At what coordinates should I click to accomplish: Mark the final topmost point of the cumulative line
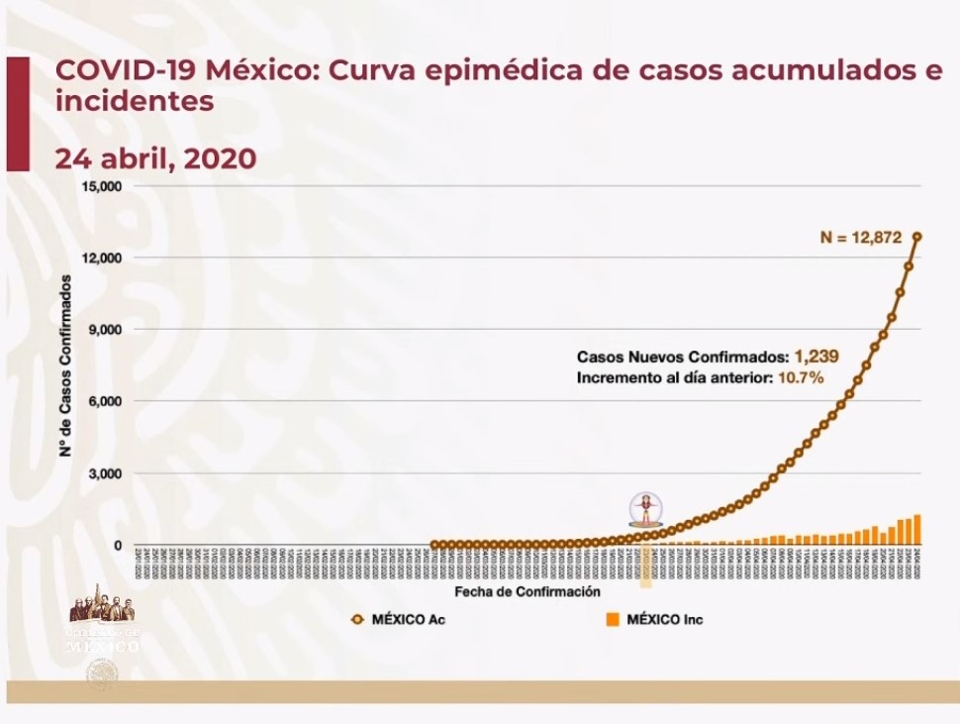pyautogui.click(x=917, y=237)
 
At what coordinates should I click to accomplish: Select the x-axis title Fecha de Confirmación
pyautogui.click(x=528, y=591)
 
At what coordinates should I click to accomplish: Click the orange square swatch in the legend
pyautogui.click(x=613, y=620)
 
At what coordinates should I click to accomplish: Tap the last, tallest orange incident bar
pyautogui.click(x=917, y=530)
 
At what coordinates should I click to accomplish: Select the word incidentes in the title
pyautogui.click(x=135, y=101)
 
